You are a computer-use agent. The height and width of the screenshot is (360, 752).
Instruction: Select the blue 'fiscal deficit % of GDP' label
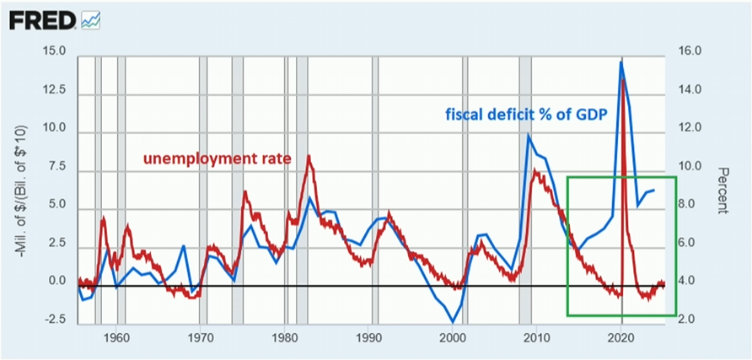(x=528, y=115)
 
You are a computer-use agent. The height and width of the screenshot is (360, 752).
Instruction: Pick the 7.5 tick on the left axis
(x=55, y=166)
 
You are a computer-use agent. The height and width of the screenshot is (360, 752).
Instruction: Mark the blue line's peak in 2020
(x=621, y=62)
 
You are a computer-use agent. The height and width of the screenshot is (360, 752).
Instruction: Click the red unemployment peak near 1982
(x=309, y=156)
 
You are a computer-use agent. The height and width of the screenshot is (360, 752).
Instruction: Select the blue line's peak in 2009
(x=529, y=136)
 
